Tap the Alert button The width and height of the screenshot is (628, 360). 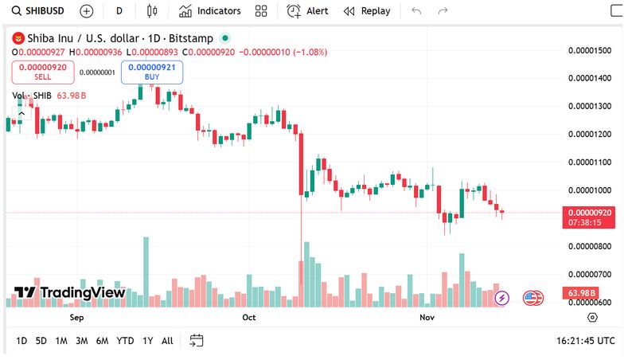coord(307,11)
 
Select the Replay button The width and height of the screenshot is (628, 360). coord(367,11)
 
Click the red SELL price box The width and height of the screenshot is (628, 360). coord(43,72)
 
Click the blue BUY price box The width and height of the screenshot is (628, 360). coord(152,72)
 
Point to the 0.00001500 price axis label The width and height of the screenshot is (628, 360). coord(589,50)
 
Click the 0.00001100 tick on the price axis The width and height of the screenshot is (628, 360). coord(589,162)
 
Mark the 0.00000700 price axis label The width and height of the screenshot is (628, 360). coord(589,274)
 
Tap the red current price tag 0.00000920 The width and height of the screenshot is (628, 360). coord(587,213)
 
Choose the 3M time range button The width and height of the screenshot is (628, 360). coord(81,341)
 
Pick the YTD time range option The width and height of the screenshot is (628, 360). coord(125,341)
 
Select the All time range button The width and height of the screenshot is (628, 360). coord(167,341)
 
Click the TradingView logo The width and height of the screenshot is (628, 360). coord(70,292)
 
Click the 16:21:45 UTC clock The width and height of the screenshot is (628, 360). coord(585,341)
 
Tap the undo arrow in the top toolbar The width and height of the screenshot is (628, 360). coord(415,11)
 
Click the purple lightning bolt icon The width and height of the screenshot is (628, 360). coord(501,298)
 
